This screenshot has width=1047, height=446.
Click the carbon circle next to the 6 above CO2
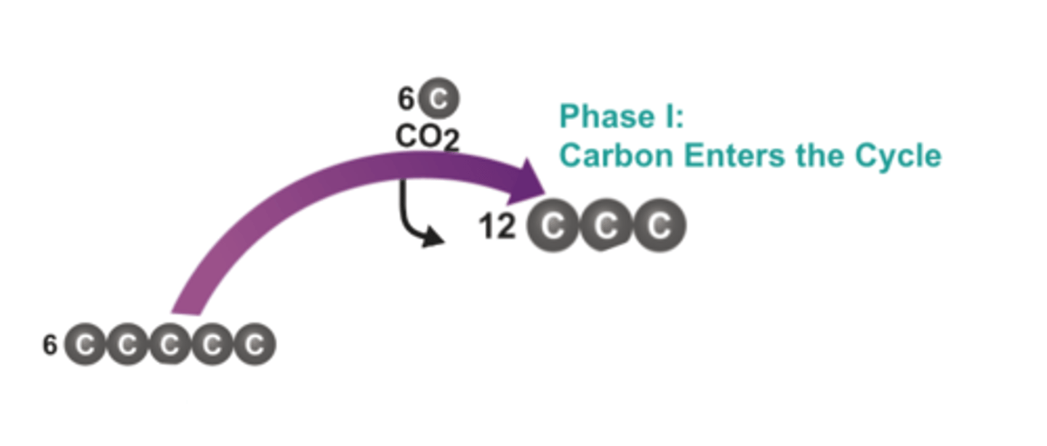point(438,98)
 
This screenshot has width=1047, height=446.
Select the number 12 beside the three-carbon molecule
point(497,227)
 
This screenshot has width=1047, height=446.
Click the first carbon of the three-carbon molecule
point(553,226)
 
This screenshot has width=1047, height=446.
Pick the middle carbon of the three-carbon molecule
point(606,227)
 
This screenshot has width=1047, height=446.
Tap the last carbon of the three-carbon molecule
point(659,226)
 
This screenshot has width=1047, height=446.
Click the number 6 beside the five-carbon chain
point(49,345)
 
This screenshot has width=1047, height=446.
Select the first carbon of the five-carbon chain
point(85,345)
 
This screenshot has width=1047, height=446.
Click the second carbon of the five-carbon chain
point(127,345)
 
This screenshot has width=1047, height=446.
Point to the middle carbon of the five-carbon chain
point(169,345)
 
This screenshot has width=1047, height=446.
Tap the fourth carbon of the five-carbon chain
point(212,345)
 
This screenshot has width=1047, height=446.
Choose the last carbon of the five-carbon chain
point(254,345)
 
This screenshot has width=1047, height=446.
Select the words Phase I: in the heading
point(622,117)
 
